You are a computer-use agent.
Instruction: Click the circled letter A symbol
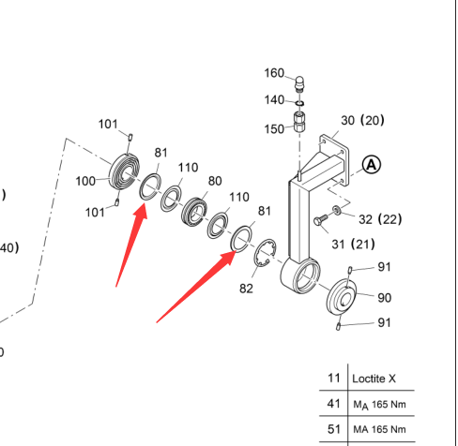click(372, 165)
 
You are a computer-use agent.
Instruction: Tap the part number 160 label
click(274, 73)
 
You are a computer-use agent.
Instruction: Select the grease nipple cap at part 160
click(299, 83)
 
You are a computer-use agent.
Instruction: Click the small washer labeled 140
click(299, 103)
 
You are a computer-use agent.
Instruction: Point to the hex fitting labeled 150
click(299, 123)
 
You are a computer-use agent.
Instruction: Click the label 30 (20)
click(362, 120)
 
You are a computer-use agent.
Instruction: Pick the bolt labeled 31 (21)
click(320, 219)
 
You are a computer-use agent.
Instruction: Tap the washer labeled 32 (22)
click(337, 210)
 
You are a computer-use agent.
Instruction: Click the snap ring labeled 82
click(265, 252)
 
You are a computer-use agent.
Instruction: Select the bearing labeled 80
click(194, 212)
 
